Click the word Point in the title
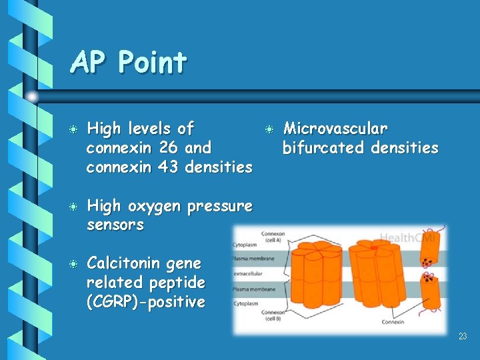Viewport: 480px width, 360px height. pos(152,63)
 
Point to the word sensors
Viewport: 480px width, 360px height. pos(115,225)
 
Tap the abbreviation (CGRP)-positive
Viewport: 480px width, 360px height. pos(146,302)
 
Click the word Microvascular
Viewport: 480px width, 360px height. pos(335,128)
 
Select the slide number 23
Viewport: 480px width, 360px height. pos(463,337)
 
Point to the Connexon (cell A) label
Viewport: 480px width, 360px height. pos(273,237)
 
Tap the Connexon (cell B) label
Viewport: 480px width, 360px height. pos(273,315)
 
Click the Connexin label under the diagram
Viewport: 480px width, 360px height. pos(393,322)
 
